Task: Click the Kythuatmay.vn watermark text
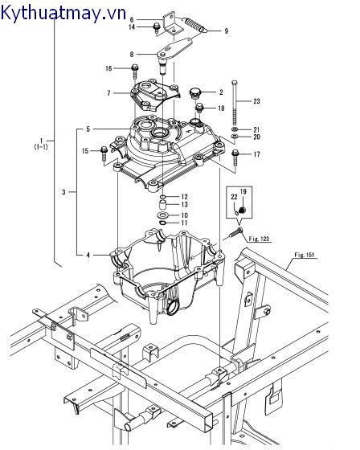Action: tap(63, 13)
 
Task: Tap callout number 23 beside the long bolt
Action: tap(256, 101)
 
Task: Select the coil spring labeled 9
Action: tap(195, 25)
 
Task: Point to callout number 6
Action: tap(132, 20)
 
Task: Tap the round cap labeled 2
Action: tap(195, 93)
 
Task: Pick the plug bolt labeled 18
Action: tap(200, 109)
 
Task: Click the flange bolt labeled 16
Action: tap(135, 72)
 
